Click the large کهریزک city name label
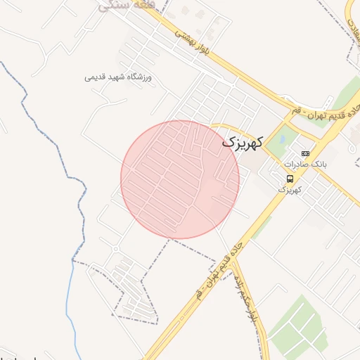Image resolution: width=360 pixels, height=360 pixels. coord(243,141)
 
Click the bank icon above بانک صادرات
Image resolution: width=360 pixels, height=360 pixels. coord(304,153)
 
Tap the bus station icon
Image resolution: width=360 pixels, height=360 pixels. coord(290,179)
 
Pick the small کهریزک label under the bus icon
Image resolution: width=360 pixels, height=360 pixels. coord(290,189)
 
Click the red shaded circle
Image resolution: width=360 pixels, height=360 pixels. coord(180,179)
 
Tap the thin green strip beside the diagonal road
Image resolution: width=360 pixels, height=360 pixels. coord(261,226)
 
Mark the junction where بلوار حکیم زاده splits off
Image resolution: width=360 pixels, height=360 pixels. coord(234,258)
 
